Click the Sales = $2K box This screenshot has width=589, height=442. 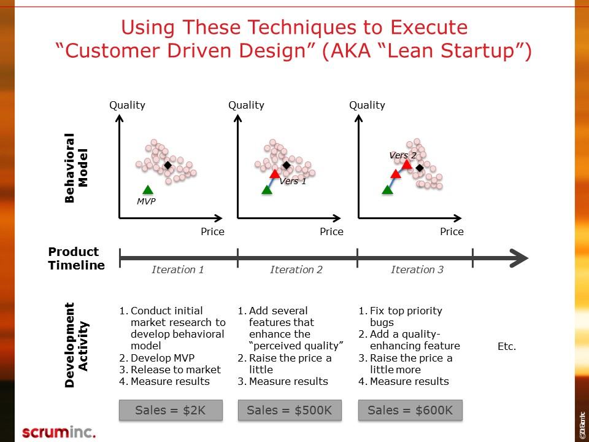tap(171, 411)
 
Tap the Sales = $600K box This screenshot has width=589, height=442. tap(410, 411)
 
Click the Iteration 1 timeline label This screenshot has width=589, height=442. tap(178, 269)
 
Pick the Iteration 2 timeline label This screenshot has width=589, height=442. tap(296, 269)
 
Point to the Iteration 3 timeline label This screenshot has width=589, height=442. tap(417, 269)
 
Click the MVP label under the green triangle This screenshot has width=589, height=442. tap(146, 201)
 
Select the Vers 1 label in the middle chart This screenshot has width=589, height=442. tap(293, 181)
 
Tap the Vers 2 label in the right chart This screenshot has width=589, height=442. tap(402, 155)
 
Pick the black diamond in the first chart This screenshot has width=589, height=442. tap(168, 165)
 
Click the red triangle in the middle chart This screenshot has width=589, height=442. tap(275, 174)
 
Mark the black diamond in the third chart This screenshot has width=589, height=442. tap(420, 168)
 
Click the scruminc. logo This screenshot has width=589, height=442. tap(59, 432)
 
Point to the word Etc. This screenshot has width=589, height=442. tap(507, 347)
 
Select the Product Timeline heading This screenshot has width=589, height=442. tap(75, 258)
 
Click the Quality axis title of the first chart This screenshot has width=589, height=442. tap(127, 105)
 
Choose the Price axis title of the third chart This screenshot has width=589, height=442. tap(452, 231)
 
